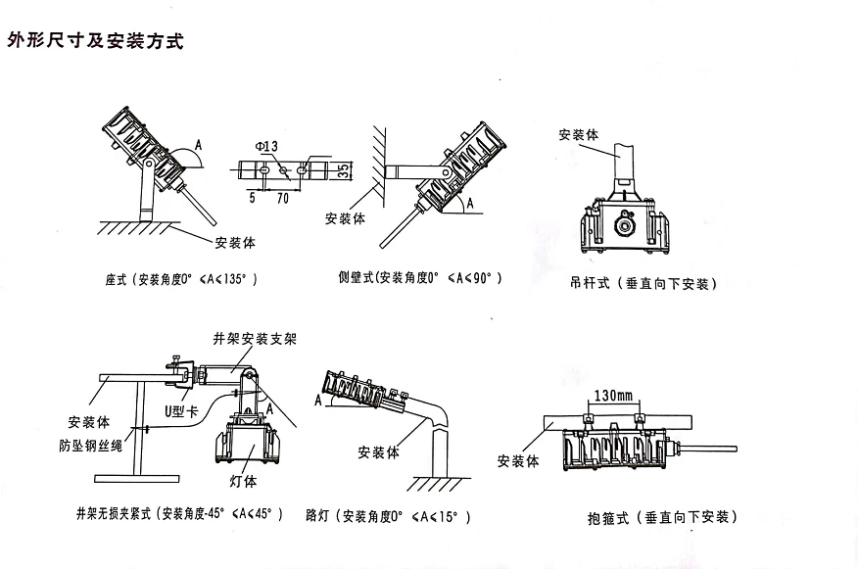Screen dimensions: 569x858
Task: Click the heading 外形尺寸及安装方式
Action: pyautogui.click(x=95, y=41)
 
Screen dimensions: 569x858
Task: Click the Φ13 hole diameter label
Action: pyautogui.click(x=266, y=146)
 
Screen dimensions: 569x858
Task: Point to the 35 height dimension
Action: pyautogui.click(x=344, y=169)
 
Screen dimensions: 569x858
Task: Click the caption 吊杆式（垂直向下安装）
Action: pyautogui.click(x=643, y=283)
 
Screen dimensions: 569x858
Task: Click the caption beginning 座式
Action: pyautogui.click(x=181, y=278)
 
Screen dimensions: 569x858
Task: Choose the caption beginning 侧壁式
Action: pyautogui.click(x=419, y=278)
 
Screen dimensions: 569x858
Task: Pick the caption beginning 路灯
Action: pyautogui.click(x=388, y=515)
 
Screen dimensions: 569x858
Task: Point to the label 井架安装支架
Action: pyautogui.click(x=255, y=339)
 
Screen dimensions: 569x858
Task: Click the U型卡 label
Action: pyautogui.click(x=179, y=412)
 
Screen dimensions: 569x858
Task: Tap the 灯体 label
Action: pyautogui.click(x=243, y=481)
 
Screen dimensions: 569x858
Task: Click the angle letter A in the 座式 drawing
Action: pyautogui.click(x=199, y=145)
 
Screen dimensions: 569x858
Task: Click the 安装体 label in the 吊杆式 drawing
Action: pyautogui.click(x=578, y=135)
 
